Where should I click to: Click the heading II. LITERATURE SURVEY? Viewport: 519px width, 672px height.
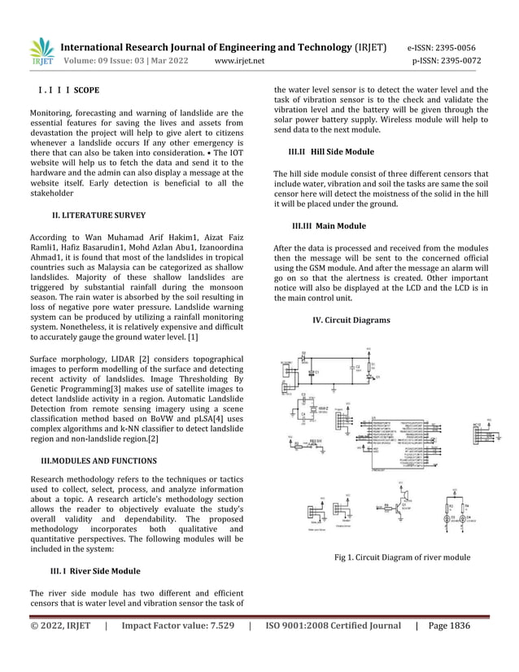coord(98,216)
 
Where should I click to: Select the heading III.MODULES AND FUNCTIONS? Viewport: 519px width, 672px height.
coord(99,461)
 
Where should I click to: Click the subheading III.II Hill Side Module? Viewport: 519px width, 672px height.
coord(331,151)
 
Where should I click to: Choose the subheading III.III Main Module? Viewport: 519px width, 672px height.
coord(329,225)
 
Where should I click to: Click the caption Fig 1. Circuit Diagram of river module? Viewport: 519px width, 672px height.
coord(402,557)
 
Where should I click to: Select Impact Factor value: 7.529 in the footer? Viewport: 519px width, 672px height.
coord(178,626)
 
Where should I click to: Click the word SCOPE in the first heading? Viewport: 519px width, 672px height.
coord(87,89)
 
